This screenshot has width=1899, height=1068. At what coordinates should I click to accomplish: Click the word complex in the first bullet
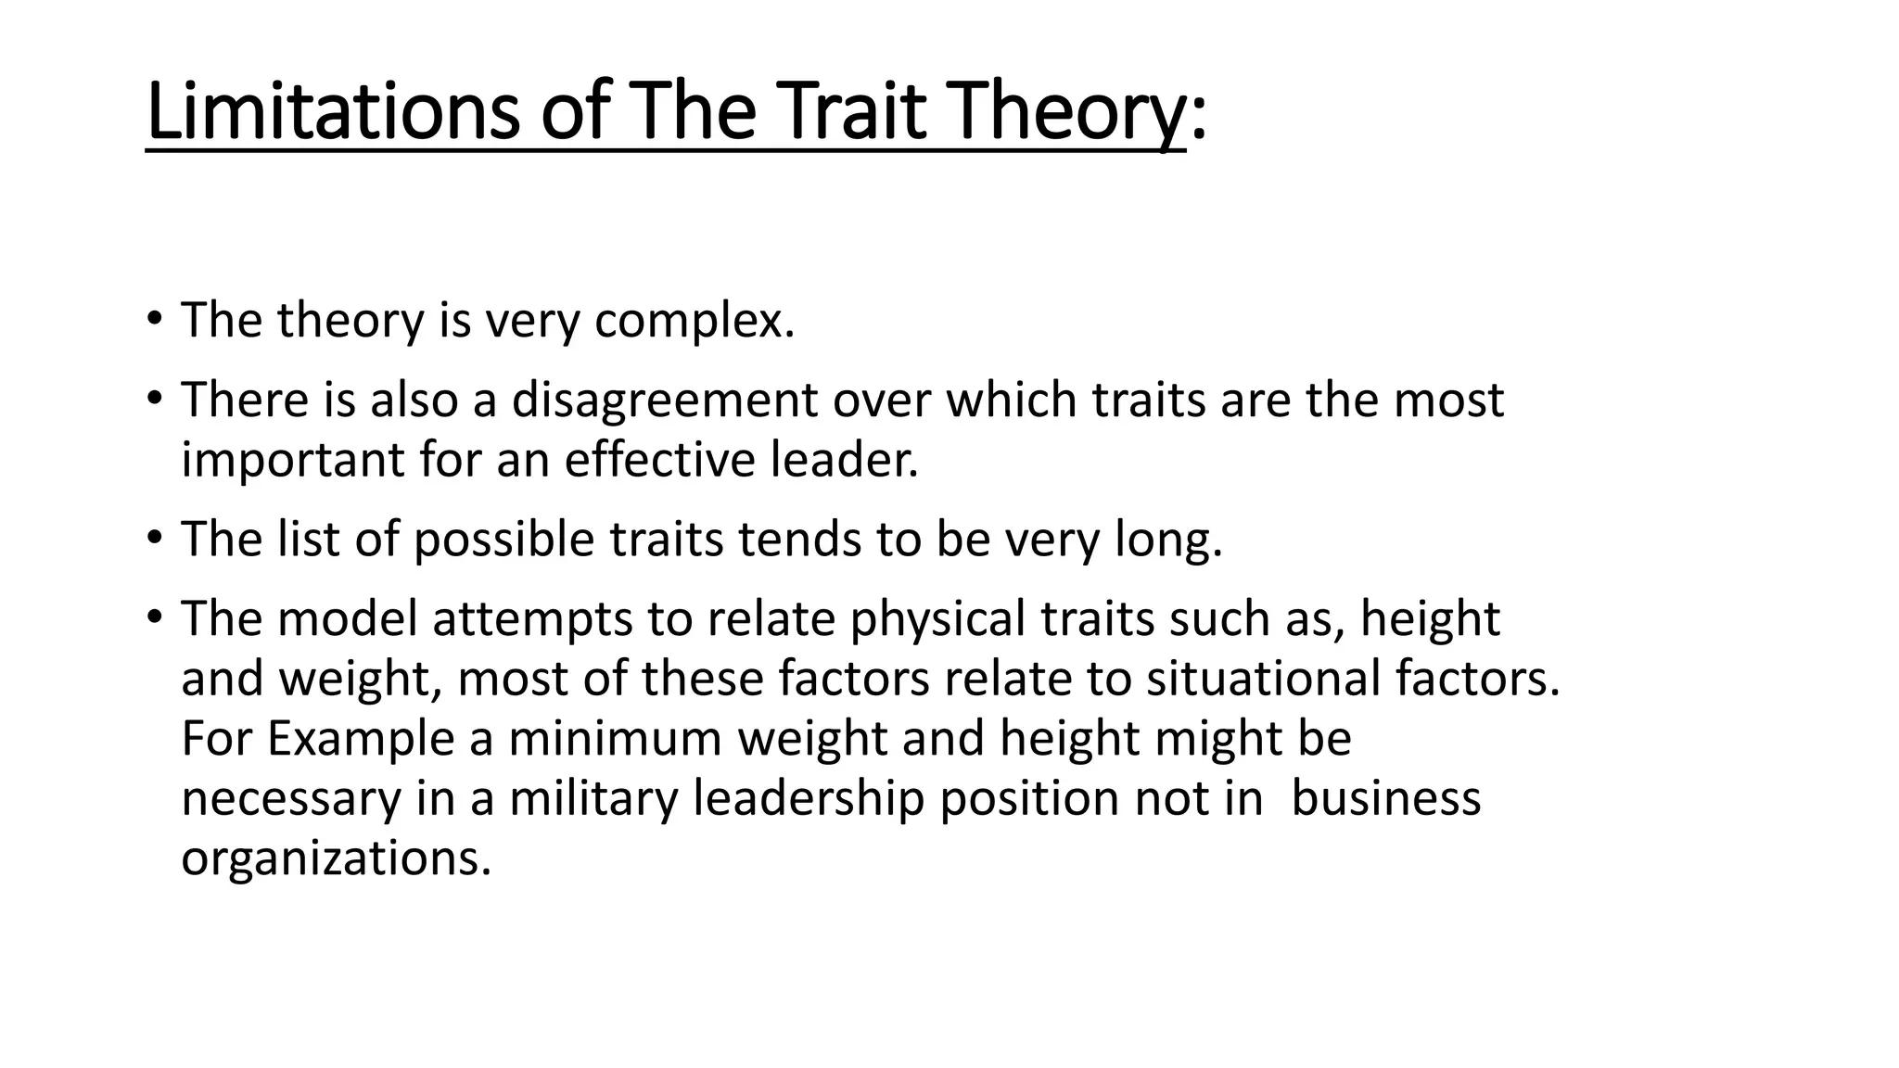click(695, 321)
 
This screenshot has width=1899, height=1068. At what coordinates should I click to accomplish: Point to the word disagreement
click(665, 400)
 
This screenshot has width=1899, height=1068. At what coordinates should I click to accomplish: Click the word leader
click(845, 460)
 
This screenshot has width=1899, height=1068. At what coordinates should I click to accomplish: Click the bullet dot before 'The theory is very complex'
click(154, 321)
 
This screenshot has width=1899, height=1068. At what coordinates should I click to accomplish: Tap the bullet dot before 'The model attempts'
click(154, 618)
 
